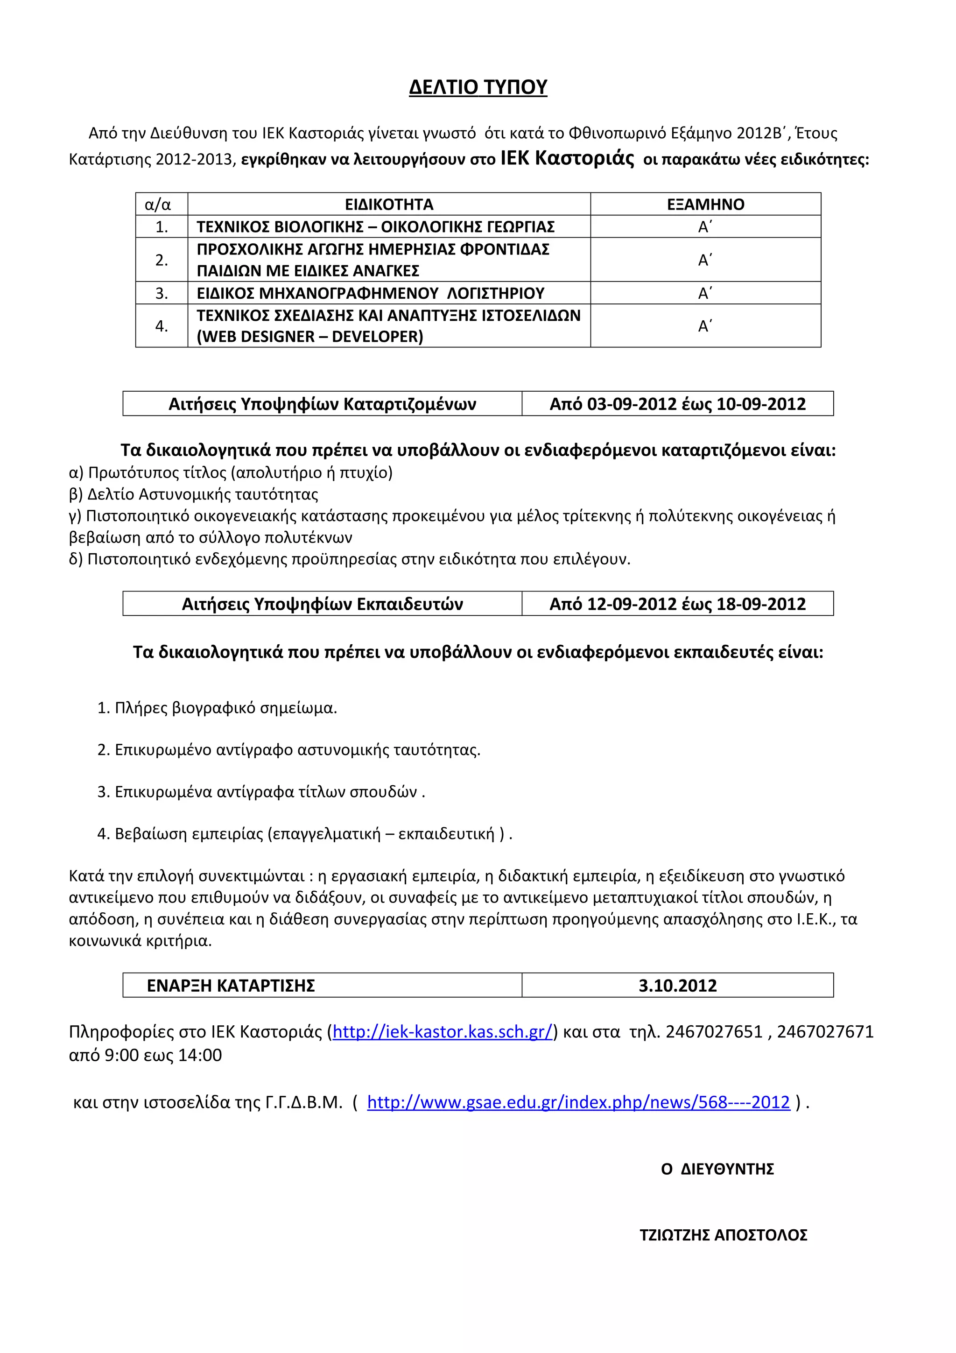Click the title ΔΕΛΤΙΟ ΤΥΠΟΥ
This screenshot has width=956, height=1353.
pyautogui.click(x=478, y=87)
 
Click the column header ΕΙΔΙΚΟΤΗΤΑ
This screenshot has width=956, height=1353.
pyautogui.click(x=389, y=204)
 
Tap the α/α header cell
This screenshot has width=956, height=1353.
pyautogui.click(x=158, y=204)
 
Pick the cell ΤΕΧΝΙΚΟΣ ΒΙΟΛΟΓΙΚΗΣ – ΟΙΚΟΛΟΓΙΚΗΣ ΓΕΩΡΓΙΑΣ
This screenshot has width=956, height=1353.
pyautogui.click(x=375, y=227)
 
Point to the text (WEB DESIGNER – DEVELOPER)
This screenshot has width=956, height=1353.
pyautogui.click(x=310, y=337)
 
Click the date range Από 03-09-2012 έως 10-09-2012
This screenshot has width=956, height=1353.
pyautogui.click(x=677, y=404)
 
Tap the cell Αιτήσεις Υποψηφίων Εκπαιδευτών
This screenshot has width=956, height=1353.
pyautogui.click(x=322, y=604)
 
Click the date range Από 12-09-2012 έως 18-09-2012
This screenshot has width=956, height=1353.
pyautogui.click(x=677, y=604)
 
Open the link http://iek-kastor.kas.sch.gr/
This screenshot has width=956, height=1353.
pyautogui.click(x=443, y=1031)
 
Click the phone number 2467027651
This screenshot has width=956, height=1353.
pyautogui.click(x=713, y=1031)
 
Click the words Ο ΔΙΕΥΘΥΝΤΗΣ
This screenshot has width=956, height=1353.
pyautogui.click(x=717, y=1169)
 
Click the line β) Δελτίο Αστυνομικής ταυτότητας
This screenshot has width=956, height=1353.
pyautogui.click(x=194, y=494)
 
